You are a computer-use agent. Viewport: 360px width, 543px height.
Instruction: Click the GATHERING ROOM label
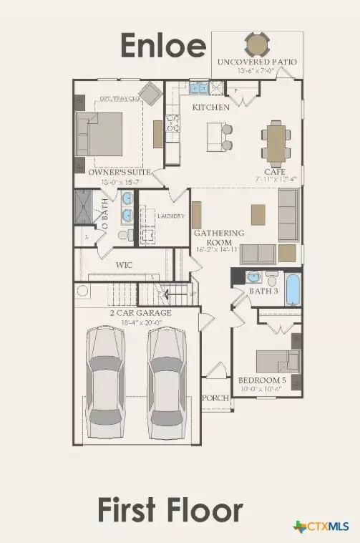220,237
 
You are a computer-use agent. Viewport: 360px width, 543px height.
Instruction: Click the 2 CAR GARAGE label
141,313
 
